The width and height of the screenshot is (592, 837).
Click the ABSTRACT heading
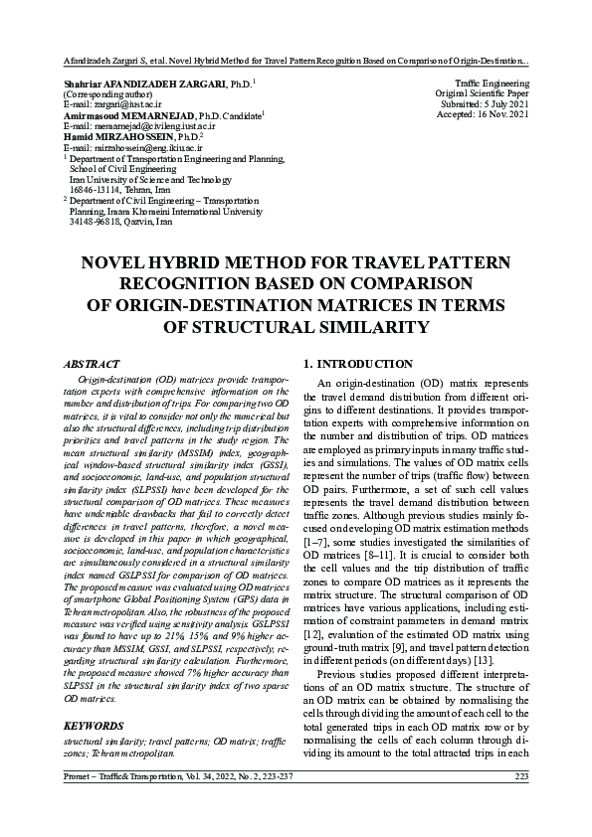coord(92,365)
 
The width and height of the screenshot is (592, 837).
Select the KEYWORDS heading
coord(94,726)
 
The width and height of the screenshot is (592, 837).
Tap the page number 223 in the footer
coord(521,776)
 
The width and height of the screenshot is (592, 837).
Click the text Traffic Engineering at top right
coord(492,83)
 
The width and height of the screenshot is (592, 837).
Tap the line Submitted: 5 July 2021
coord(484,104)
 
